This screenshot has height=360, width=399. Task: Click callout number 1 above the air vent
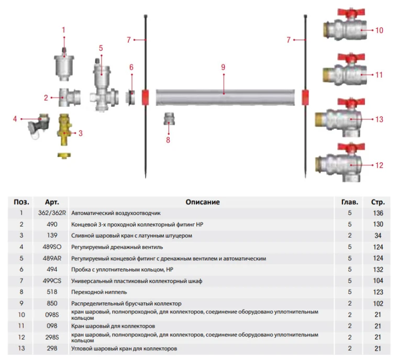point(64,29)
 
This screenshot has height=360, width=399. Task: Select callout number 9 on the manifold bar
point(223,67)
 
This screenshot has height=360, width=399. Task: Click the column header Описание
point(203,202)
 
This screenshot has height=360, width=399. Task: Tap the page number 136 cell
point(378,213)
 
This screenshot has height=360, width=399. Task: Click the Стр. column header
point(378,202)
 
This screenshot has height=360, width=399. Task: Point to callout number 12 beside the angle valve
point(379,165)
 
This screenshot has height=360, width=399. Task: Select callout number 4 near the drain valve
point(15,119)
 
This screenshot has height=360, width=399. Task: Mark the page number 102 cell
point(378,303)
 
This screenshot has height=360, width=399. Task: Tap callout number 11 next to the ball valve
point(379,75)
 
